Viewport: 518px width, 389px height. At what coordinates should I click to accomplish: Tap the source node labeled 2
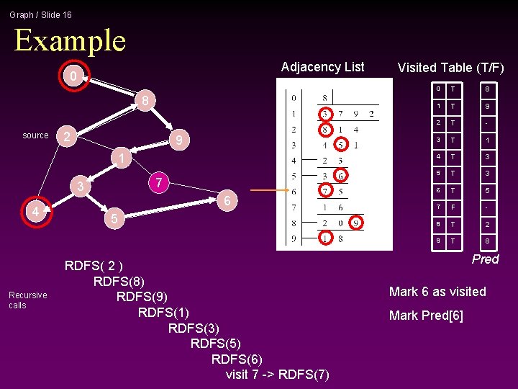tap(66, 137)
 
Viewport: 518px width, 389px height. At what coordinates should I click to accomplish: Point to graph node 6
tap(227, 202)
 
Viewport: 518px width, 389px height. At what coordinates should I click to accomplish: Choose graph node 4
tap(35, 212)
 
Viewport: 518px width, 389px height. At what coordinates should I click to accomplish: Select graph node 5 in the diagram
tap(112, 218)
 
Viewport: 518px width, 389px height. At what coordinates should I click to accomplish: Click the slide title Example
tap(70, 40)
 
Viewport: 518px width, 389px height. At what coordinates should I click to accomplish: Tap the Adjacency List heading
tap(322, 67)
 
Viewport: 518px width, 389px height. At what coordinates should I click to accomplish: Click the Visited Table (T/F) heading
tap(450, 68)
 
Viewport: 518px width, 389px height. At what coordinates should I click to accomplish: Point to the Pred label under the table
tap(485, 259)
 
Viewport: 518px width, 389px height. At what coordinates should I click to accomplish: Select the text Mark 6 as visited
tap(437, 292)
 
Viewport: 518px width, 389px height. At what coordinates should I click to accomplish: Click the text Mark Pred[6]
tap(426, 316)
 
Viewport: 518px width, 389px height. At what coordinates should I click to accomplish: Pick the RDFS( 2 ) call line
tap(94, 265)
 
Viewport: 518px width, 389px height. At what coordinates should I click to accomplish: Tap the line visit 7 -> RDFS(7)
tap(278, 375)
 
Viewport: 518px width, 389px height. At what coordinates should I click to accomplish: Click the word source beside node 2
tap(35, 135)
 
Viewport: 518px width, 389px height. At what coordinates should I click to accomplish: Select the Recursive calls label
tap(27, 300)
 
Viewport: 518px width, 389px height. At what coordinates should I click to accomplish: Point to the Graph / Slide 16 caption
tap(40, 14)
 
